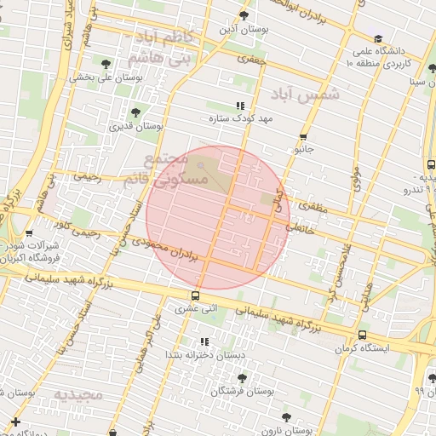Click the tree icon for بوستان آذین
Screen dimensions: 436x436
click(244, 15)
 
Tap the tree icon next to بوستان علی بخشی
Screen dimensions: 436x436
click(106, 64)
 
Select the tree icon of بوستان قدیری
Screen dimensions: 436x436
click(135, 112)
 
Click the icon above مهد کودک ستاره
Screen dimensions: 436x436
click(227, 106)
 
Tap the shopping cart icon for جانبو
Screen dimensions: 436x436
click(303, 136)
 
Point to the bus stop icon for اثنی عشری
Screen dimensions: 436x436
click(197, 296)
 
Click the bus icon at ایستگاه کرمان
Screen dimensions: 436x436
click(363, 335)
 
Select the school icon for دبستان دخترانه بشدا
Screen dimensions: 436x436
click(203, 341)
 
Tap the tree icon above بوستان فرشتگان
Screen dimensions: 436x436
click(242, 376)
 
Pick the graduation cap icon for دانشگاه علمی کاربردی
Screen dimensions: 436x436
click(378, 38)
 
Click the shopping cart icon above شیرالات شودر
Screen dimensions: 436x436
click(30, 232)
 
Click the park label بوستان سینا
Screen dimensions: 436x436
click(416, 82)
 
